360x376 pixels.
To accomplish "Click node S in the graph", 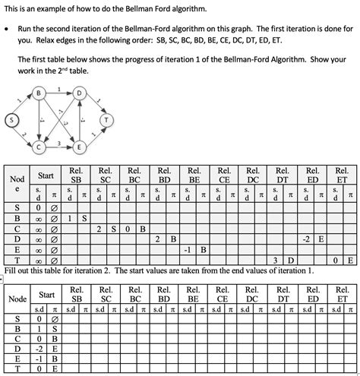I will click(11, 120).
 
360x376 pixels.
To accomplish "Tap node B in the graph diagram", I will click(39, 94).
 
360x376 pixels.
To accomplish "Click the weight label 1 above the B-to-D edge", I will click(60, 89).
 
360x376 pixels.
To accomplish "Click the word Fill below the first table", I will click(11, 270).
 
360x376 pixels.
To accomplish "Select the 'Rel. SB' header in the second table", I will click(77, 294).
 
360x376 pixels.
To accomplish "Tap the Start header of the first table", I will click(46, 175).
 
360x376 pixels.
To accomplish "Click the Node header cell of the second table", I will click(17, 299).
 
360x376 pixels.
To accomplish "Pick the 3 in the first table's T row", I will click(276, 260).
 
